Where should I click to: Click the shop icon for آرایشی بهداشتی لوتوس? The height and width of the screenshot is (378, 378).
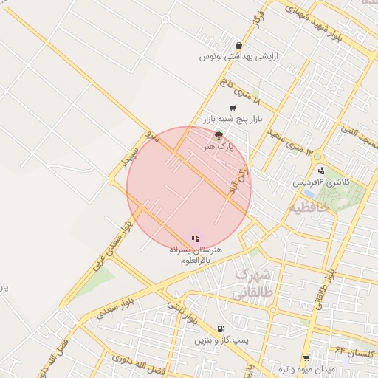(238, 45)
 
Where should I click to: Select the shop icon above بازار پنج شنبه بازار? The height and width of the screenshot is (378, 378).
(233, 108)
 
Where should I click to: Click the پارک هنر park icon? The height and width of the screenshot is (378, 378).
(218, 135)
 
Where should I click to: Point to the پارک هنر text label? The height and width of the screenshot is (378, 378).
(219, 147)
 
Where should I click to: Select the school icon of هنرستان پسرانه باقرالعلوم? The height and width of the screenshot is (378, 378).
(195, 238)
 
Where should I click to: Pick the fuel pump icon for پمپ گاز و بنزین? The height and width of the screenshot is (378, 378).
(221, 329)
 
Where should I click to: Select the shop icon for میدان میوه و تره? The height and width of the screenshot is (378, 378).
(306, 357)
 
